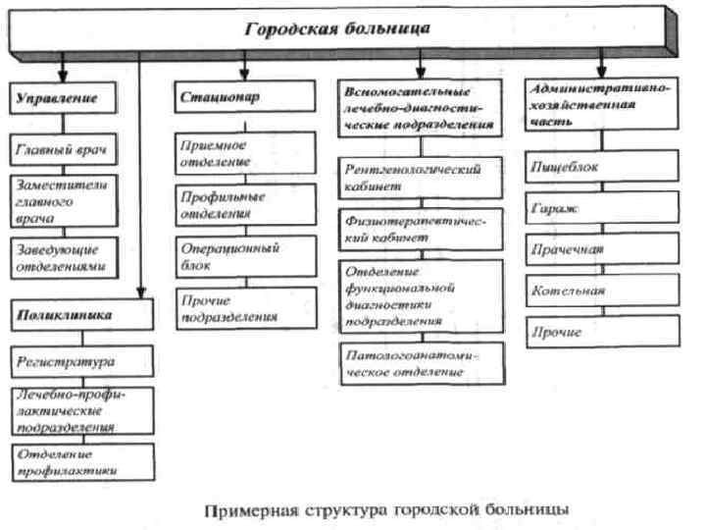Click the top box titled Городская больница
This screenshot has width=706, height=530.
pos(338,28)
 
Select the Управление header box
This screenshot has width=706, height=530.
pos(64,99)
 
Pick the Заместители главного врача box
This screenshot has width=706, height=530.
pos(65,201)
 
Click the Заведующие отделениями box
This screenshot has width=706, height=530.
pos(65,256)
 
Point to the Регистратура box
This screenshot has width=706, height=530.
pos(80,361)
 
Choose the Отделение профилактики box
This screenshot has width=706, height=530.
pos(80,461)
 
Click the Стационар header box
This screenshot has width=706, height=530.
pos(245,98)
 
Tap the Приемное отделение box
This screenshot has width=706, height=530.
pos(245,152)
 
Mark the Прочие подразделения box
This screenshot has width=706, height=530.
pos(245,308)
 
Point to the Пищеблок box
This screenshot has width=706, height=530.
pos(601,167)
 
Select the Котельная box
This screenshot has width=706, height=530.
pos(601,291)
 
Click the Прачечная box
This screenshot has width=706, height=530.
pos(601,249)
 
